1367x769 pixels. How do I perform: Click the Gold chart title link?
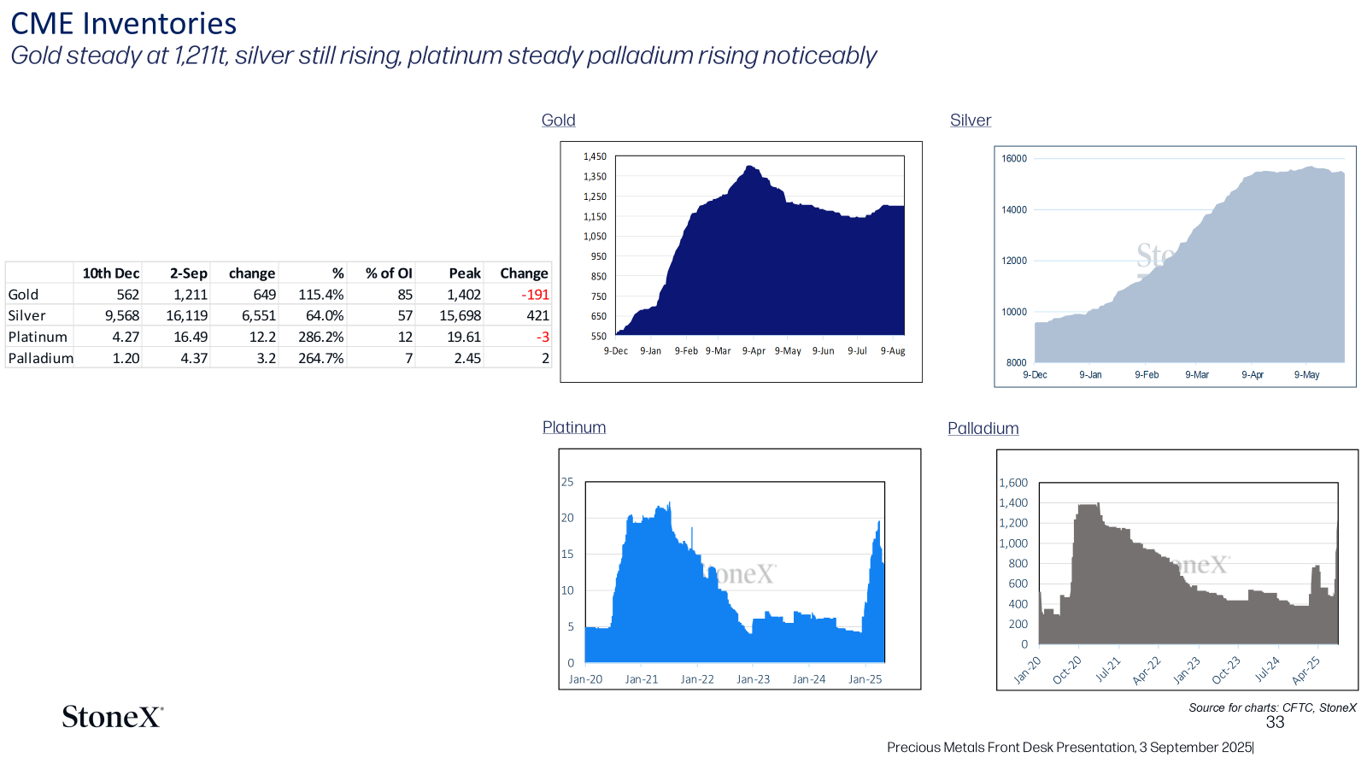point(559,120)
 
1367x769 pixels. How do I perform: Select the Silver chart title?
point(971,120)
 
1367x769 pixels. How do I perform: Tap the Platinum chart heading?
point(574,427)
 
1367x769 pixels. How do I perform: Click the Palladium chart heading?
point(983,428)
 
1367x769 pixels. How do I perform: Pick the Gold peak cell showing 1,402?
point(464,295)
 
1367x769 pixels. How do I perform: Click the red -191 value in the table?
point(535,295)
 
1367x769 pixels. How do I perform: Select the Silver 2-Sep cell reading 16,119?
point(187,315)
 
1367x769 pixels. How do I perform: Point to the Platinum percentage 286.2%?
point(321,337)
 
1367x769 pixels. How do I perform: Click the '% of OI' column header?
point(389,273)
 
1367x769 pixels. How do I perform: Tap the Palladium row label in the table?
point(41,358)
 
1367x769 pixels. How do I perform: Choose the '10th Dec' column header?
point(111,273)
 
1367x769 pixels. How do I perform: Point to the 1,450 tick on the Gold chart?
point(595,157)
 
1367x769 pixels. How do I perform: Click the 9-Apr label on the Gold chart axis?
point(754,351)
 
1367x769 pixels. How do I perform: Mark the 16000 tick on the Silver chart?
point(1014,159)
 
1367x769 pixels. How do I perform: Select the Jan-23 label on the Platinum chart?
point(753,679)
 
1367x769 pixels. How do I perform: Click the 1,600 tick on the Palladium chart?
point(1013,483)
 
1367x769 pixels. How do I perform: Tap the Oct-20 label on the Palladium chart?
point(1067,670)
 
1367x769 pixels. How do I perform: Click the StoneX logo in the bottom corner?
point(113,717)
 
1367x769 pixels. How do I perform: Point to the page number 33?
point(1275,723)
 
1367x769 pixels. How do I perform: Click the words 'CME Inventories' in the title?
point(124,24)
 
